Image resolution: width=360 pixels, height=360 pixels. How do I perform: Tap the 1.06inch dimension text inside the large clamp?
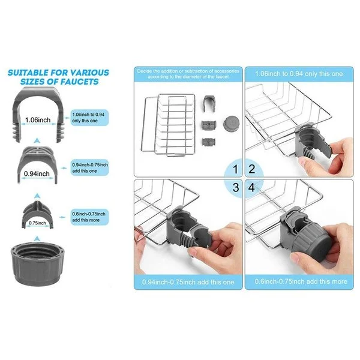[37, 120]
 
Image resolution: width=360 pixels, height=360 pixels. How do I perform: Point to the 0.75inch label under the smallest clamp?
[37, 223]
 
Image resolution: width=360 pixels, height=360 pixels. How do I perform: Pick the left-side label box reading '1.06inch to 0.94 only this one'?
[89, 117]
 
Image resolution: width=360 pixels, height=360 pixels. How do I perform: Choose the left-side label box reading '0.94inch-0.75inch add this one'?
[89, 167]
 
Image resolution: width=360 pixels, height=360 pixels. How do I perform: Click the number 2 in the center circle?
[252, 170]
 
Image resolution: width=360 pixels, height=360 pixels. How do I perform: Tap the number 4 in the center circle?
[252, 187]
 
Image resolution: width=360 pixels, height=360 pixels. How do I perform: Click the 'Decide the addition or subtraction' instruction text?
[188, 74]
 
